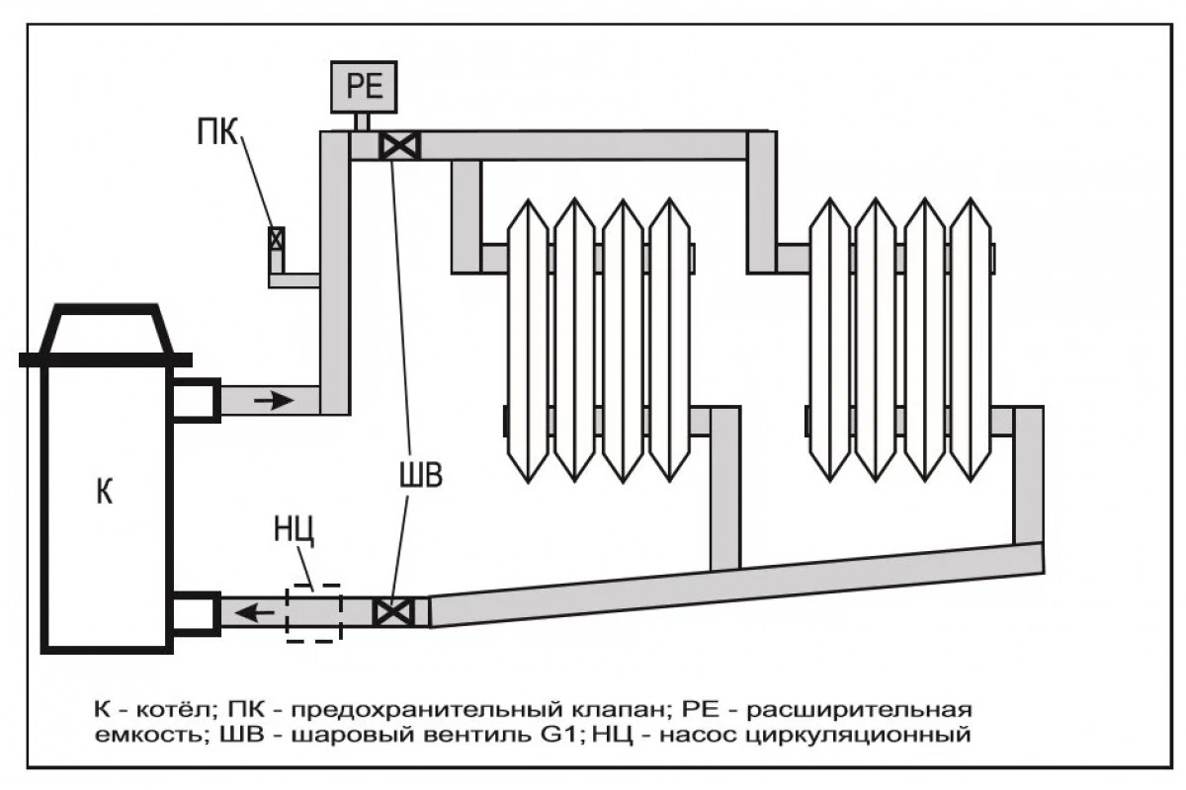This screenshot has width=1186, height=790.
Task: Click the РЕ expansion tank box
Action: pos(364,87)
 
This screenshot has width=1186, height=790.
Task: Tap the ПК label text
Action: pos(215,132)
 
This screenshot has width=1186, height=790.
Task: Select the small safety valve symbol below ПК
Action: pos(276,238)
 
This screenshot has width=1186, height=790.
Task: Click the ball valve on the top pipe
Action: pos(400,146)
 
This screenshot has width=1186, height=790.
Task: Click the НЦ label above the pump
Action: pos(295,531)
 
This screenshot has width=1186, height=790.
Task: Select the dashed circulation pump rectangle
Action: pos(313,613)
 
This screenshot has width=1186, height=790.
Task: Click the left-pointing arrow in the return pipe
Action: pos(259,613)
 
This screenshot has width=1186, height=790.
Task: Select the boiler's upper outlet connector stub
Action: pos(196,400)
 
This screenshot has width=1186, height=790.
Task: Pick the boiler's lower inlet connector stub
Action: pos(196,610)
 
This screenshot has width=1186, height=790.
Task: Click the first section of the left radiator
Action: pos(528,341)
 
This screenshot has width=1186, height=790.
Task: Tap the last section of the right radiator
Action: pos(973,341)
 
